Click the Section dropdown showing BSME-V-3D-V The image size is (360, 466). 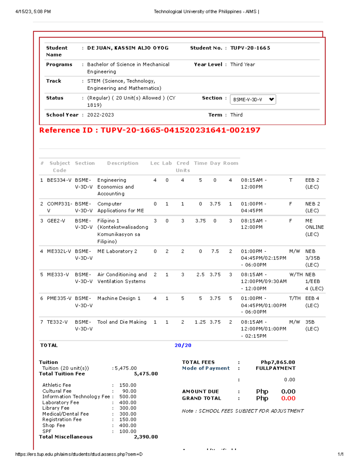point(253,99)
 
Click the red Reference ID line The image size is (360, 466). point(150,130)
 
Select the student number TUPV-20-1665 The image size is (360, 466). point(250,48)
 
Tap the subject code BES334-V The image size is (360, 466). point(59,180)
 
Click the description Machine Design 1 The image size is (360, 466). point(119,298)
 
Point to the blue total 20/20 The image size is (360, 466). point(183,345)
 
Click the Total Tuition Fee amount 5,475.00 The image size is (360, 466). point(146,374)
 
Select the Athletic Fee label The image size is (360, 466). point(57,385)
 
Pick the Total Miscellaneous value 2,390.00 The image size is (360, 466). point(146,437)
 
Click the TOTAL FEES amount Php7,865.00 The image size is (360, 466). point(278,362)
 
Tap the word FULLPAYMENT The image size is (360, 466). point(275,368)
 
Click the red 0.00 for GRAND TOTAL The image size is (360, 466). point(288,398)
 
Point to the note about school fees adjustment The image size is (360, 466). point(242,411)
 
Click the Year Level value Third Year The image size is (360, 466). point(242,65)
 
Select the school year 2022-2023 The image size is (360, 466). point(100,115)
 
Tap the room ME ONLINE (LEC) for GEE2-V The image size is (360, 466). point(314,227)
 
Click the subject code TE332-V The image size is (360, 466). point(57,322)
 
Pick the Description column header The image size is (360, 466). point(123,163)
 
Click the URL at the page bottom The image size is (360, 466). point(79,454)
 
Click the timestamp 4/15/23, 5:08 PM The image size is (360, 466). point(33,12)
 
